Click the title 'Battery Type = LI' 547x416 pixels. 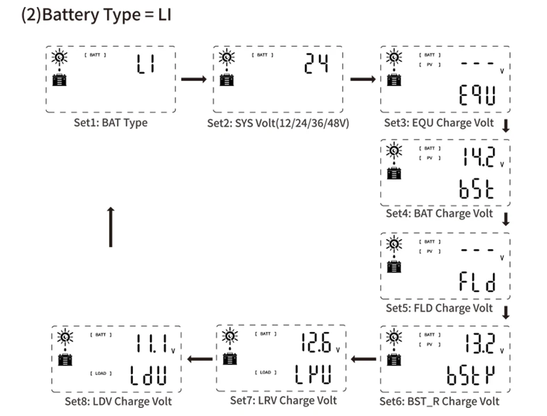96,15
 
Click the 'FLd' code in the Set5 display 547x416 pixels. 477,282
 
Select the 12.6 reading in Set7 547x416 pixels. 315,344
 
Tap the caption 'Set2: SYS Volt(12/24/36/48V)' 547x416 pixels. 279,123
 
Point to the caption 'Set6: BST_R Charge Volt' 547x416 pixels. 439,401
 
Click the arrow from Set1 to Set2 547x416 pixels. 193,78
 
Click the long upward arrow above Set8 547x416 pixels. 111,227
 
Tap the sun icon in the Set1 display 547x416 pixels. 59,57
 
